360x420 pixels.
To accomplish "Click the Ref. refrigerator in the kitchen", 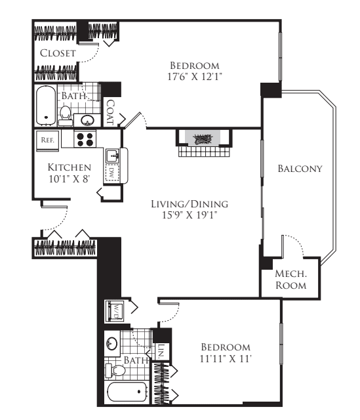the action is pos(47,140).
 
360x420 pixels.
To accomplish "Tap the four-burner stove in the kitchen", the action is pos(85,138).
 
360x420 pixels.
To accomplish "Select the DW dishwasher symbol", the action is pos(111,173).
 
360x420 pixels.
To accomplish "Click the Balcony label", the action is pos(300,169).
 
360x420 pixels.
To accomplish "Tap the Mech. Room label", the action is pos(291,280).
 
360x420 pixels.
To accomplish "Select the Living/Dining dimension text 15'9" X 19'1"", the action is pos(190,215).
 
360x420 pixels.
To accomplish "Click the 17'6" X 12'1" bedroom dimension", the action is pos(195,77).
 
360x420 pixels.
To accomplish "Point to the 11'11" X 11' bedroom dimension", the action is pos(226,358).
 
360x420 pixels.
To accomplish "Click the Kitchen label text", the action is pos(70,167).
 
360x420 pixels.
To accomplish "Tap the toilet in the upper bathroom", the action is pos(65,116).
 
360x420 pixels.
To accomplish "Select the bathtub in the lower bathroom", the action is pos(128,392).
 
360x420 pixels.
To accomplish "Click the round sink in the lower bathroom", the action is pos(111,343).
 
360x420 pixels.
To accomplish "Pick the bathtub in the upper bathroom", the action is pos(46,106).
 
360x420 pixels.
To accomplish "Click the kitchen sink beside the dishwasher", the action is pos(112,156).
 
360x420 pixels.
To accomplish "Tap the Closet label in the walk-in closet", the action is pos(58,53).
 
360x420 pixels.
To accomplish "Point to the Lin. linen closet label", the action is pos(161,352).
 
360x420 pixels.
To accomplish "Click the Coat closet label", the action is pos(110,112).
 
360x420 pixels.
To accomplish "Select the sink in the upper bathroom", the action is pos(87,120).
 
